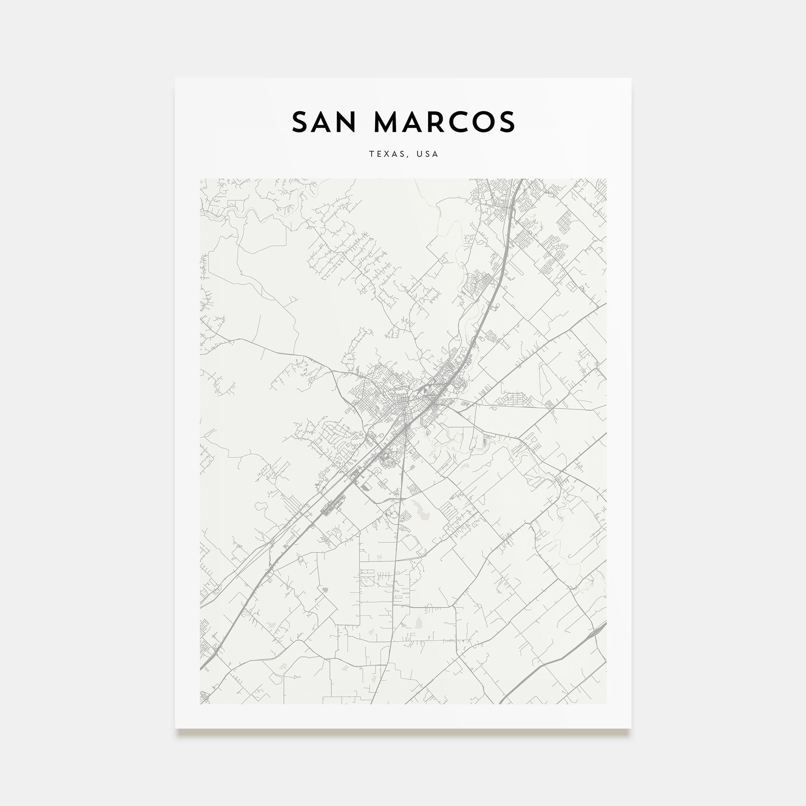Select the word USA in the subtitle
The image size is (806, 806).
[x=427, y=154]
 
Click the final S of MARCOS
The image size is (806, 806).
[x=507, y=122]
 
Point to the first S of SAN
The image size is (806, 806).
[x=300, y=122]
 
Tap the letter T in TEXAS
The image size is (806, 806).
[x=371, y=154]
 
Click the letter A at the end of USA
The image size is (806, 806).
[x=436, y=154]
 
